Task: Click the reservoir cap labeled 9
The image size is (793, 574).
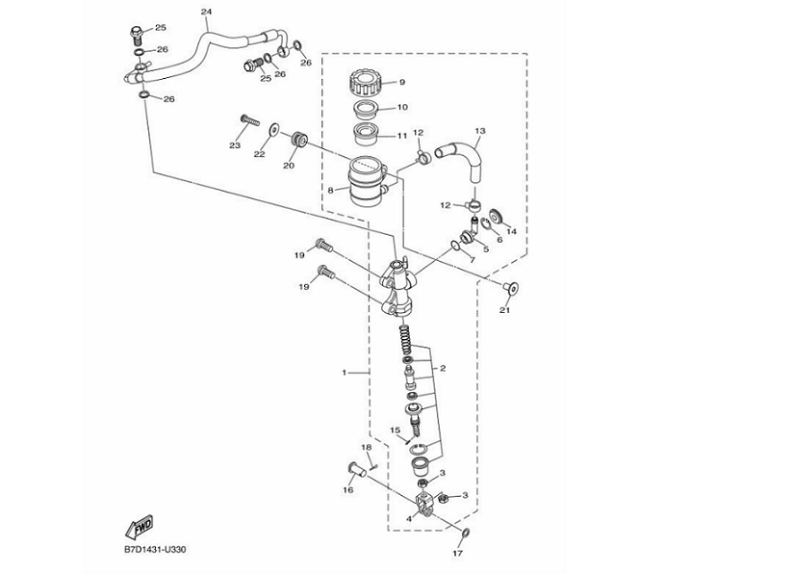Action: click(x=367, y=80)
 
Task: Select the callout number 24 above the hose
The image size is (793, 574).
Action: click(x=206, y=12)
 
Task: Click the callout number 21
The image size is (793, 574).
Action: click(x=505, y=310)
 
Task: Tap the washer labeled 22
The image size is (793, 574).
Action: click(x=275, y=128)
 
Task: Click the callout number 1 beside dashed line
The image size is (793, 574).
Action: click(x=345, y=371)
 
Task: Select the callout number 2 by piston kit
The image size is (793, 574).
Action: click(x=442, y=368)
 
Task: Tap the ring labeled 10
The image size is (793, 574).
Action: click(x=367, y=106)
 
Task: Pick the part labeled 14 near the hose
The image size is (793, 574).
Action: click(x=499, y=216)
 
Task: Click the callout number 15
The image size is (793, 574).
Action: click(x=395, y=430)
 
